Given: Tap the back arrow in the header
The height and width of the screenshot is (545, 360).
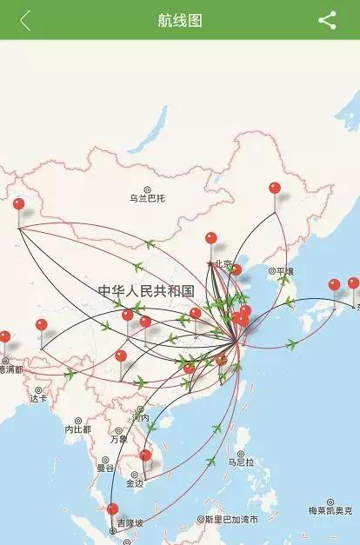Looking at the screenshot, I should (x=25, y=21).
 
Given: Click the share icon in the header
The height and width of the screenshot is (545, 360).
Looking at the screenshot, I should (x=327, y=21).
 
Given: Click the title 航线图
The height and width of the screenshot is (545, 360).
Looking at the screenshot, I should (x=180, y=21).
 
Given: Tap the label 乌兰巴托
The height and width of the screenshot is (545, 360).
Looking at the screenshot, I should (x=147, y=198).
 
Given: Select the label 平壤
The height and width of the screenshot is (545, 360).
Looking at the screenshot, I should (x=283, y=271).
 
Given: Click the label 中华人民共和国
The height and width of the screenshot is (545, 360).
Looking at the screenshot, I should (x=145, y=290).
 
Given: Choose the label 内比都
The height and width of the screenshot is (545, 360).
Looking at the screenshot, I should (x=77, y=429).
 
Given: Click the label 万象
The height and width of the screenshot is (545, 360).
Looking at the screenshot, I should (x=118, y=439).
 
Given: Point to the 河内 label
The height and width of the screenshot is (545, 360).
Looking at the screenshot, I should (x=140, y=418).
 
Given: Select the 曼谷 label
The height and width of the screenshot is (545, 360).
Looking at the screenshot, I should (x=105, y=468).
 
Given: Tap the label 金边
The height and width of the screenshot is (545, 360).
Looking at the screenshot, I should (x=134, y=483).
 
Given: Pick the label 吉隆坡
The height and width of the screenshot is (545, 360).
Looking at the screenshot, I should (x=130, y=523).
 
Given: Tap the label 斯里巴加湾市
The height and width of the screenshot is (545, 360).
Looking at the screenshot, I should (x=231, y=520).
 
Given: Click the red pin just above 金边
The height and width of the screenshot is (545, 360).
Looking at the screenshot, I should (x=145, y=455).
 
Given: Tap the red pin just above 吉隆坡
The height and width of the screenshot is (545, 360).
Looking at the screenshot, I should (x=112, y=509).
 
